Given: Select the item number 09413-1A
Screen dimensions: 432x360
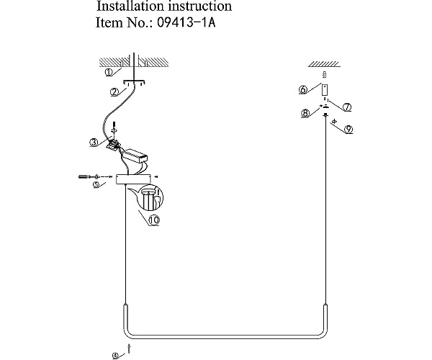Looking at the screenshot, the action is pyautogui.click(x=186, y=22).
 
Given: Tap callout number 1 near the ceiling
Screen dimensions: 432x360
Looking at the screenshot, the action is pyautogui.click(x=109, y=73).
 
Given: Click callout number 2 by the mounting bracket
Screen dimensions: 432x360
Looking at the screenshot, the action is pyautogui.click(x=115, y=92).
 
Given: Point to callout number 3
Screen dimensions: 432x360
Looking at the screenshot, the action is pyautogui.click(x=94, y=143).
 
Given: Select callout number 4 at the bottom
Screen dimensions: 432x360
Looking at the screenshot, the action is pyautogui.click(x=115, y=356).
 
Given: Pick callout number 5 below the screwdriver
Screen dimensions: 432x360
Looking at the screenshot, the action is pyautogui.click(x=96, y=184).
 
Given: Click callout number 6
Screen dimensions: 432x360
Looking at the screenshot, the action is pyautogui.click(x=303, y=89).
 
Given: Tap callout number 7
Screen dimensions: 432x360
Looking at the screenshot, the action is pyautogui.click(x=347, y=107).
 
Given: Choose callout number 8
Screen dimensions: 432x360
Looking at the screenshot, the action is pyautogui.click(x=305, y=113).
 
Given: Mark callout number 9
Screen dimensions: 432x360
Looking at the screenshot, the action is pyautogui.click(x=348, y=129).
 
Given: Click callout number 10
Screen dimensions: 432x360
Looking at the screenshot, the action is pyautogui.click(x=154, y=220).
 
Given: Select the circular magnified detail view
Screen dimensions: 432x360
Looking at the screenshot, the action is pyautogui.click(x=150, y=197).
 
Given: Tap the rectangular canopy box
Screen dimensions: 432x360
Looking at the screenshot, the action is pyautogui.click(x=134, y=179).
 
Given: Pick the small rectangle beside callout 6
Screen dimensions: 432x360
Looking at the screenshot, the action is pyautogui.click(x=325, y=90).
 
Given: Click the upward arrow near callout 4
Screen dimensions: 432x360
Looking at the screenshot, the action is pyautogui.click(x=128, y=348).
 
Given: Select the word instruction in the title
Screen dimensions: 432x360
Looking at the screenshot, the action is pyautogui.click(x=200, y=6).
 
